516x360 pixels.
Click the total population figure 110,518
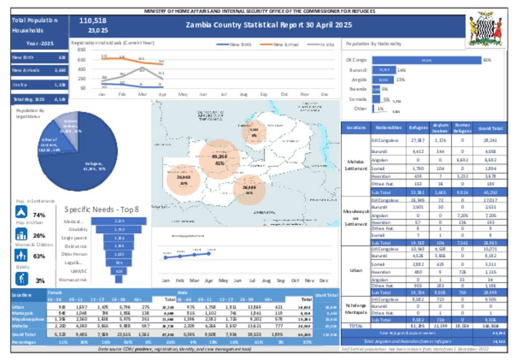(93, 21)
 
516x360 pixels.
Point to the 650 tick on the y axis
(82, 59)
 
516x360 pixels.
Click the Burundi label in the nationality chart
(358, 70)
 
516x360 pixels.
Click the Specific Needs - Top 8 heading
(101, 210)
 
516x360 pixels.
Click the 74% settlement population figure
(39, 215)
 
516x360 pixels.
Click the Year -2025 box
(39, 44)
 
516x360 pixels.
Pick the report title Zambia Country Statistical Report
(269, 25)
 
